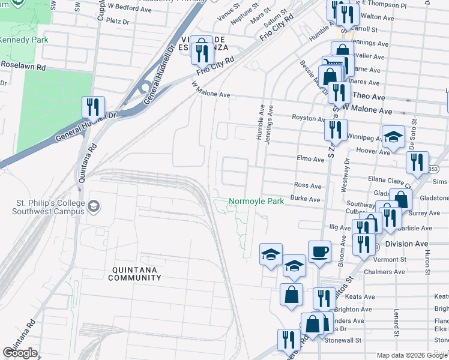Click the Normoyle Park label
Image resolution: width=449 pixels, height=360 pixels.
pyautogui.click(x=256, y=202)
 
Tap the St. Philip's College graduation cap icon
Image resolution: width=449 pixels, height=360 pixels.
pyautogui.click(x=94, y=207)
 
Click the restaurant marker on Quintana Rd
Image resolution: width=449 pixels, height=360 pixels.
pyautogui.click(x=93, y=107)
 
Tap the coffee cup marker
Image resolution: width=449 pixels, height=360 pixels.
pyautogui.click(x=319, y=251)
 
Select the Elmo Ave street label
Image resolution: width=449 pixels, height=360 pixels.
pyautogui.click(x=310, y=158)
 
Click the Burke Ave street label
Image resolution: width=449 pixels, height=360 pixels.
pyautogui.click(x=306, y=198)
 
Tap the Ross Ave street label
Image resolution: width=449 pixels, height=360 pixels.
pyautogui.click(x=308, y=186)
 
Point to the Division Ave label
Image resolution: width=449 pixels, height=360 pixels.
pyautogui.click(x=407, y=244)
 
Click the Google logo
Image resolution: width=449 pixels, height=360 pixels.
pyautogui.click(x=20, y=353)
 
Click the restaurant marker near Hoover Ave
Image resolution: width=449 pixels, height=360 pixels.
pyautogui.click(x=417, y=161)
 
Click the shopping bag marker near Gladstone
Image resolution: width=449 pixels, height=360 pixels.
pyautogui.click(x=400, y=199)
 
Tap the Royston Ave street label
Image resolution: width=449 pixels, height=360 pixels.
pyautogui.click(x=307, y=118)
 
